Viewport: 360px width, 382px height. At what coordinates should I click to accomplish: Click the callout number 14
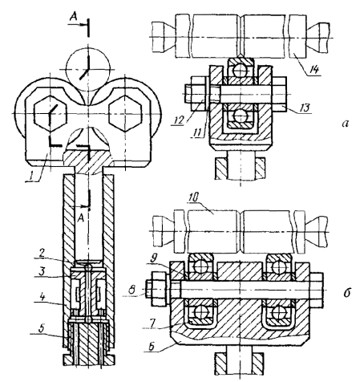point(314,70)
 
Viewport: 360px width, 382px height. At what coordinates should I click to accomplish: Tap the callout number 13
point(305,108)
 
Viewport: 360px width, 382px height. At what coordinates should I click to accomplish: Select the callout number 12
point(179,120)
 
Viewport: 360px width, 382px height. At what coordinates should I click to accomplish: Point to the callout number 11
point(198,133)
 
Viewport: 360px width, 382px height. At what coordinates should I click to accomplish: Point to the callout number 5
point(42,328)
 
